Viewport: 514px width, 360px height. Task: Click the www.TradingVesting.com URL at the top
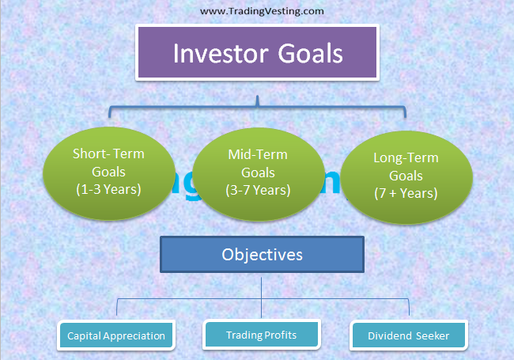tap(251, 11)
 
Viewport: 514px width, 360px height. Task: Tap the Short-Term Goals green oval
tap(108, 171)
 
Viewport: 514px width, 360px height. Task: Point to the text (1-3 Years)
tap(108, 191)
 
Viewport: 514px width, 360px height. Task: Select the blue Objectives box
tap(262, 256)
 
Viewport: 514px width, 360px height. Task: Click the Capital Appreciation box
tap(116, 335)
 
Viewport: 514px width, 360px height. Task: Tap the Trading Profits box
tap(261, 335)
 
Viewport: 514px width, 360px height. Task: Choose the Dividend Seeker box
tap(408, 335)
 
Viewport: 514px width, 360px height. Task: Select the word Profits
tap(280, 335)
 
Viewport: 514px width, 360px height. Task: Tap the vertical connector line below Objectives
tap(262, 286)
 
